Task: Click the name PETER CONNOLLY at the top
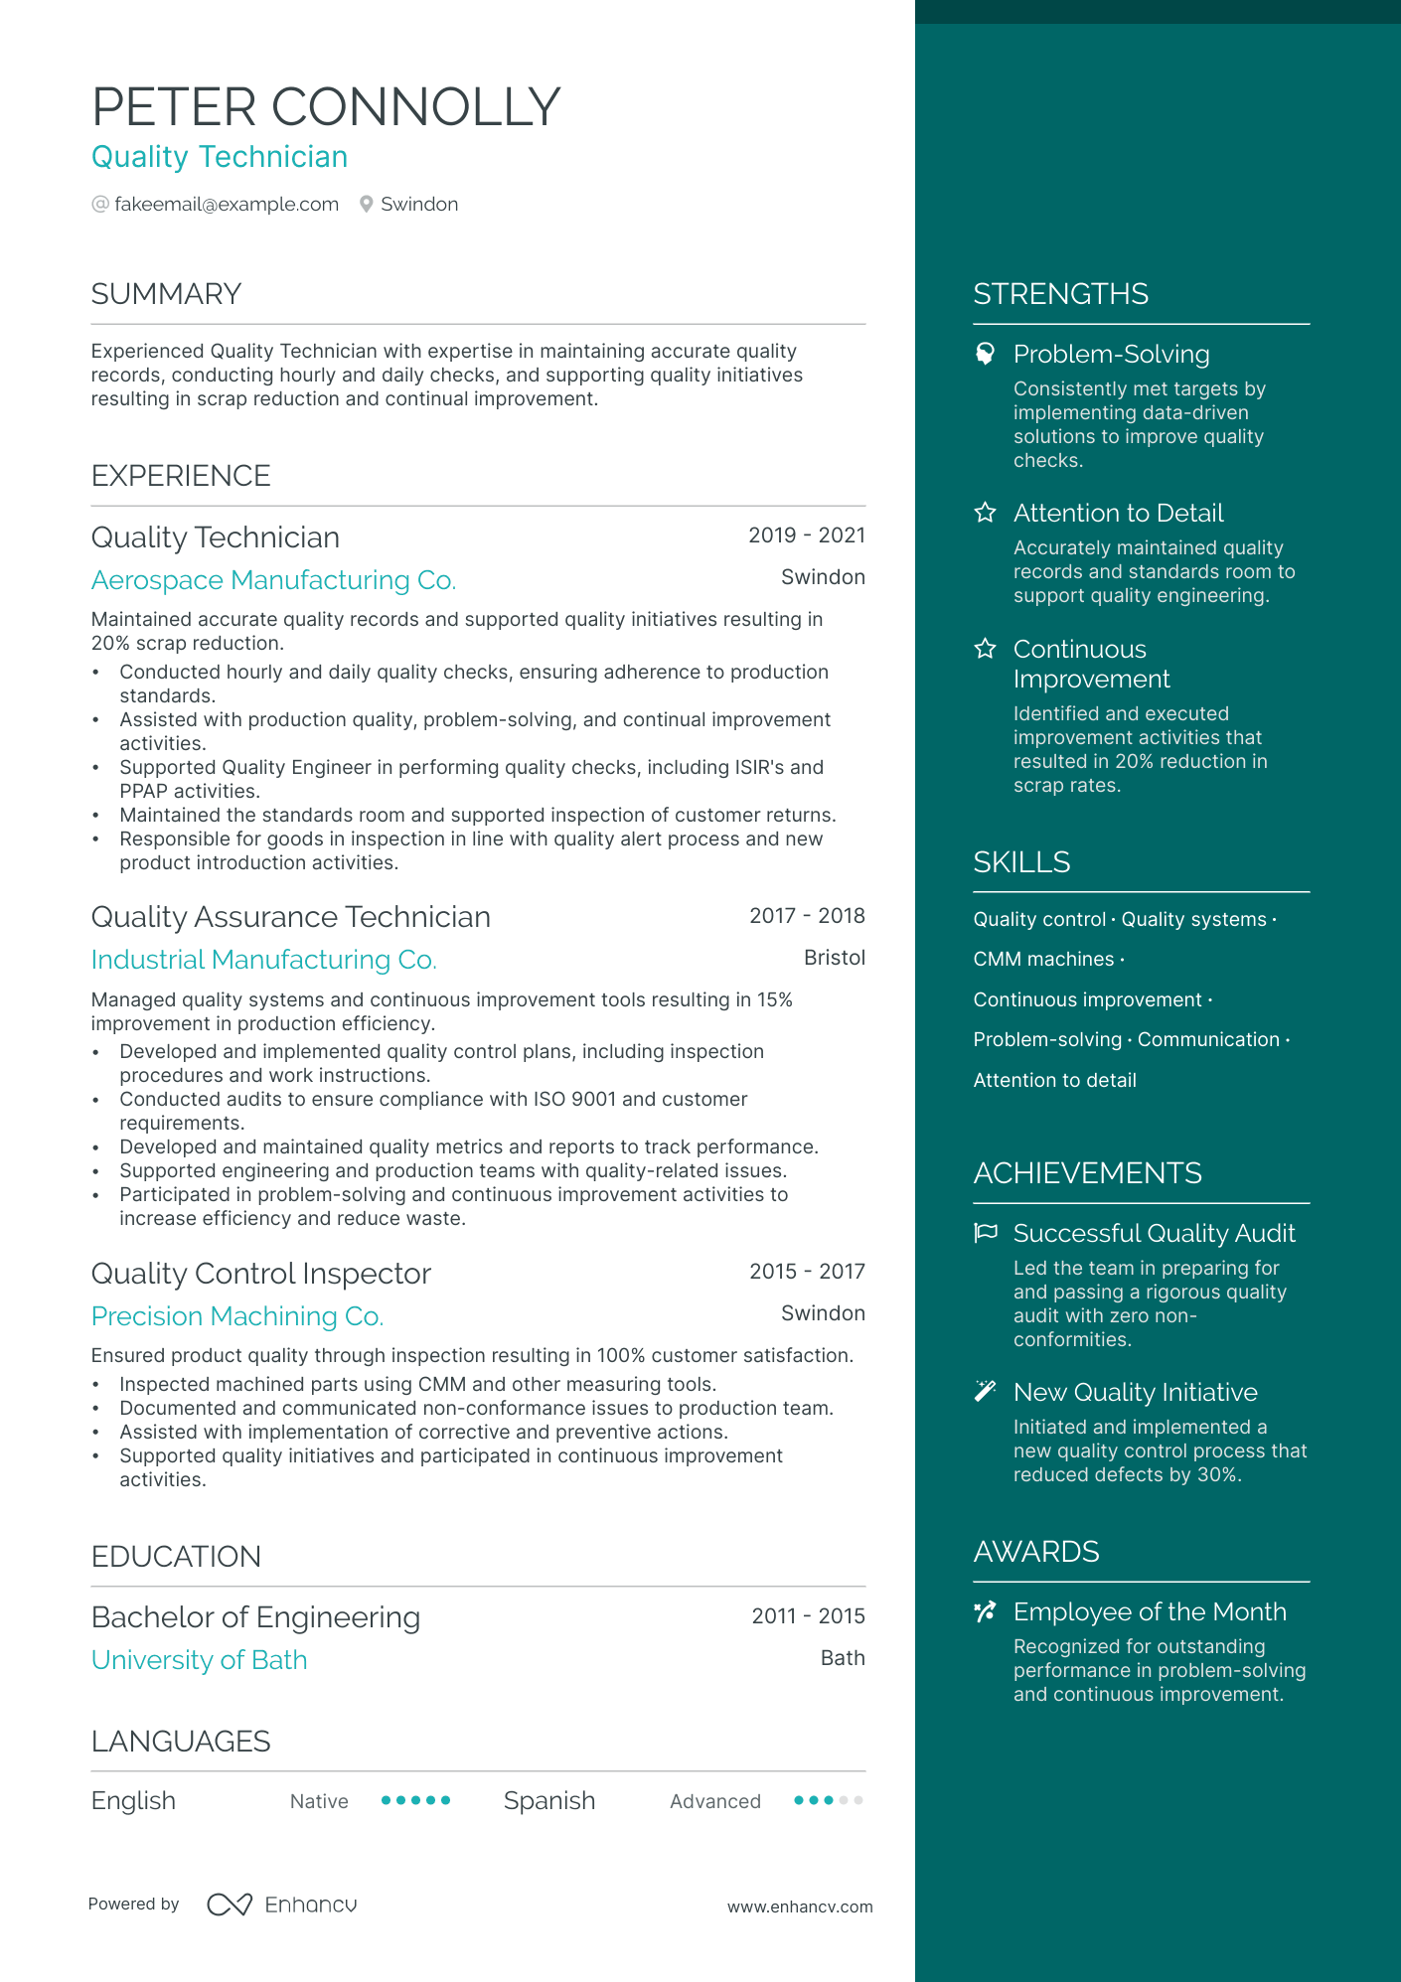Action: point(326,107)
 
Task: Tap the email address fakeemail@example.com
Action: point(227,205)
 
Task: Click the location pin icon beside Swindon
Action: point(367,205)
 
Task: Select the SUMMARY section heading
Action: point(166,294)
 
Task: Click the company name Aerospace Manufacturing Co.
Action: point(273,580)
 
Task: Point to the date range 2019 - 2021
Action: point(806,535)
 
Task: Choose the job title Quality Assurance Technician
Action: point(290,917)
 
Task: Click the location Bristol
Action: point(834,958)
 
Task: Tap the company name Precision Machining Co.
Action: point(236,1316)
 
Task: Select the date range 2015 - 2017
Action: point(807,1272)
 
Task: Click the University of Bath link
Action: point(199,1660)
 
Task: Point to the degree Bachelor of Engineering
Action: point(255,1617)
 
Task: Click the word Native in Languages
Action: point(319,1801)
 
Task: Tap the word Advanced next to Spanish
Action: point(714,1801)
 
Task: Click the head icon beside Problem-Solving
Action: point(985,354)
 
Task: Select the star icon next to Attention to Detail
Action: point(985,513)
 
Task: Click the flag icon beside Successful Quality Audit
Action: point(985,1233)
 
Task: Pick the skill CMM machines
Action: point(1043,960)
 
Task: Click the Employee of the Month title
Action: point(1150,1611)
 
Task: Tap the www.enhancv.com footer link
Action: point(800,1906)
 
